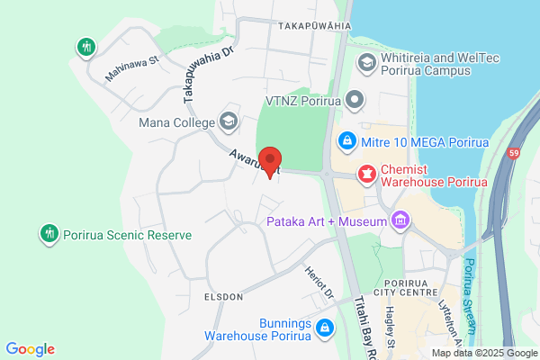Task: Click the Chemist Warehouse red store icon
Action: pos(367,173)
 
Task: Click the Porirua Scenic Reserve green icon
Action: pos(49,234)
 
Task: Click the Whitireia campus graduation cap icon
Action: pos(366,62)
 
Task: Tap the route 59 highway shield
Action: pos(514,154)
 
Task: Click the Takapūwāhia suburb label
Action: pos(315,25)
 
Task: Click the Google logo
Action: pos(30,349)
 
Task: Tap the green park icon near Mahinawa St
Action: pos(86,46)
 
